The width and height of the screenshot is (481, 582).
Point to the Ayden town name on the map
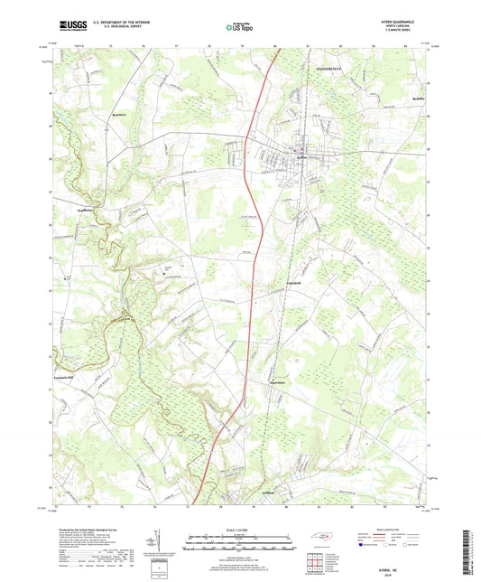point(302,156)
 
